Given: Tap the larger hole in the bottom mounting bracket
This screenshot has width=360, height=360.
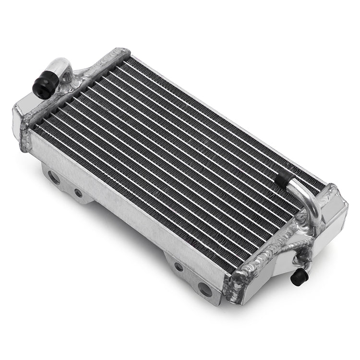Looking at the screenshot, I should pos(204,289).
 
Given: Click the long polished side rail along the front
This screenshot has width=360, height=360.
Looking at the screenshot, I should pos(125,206).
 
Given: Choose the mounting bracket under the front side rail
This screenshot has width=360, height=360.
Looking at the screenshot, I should pos(190,276).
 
